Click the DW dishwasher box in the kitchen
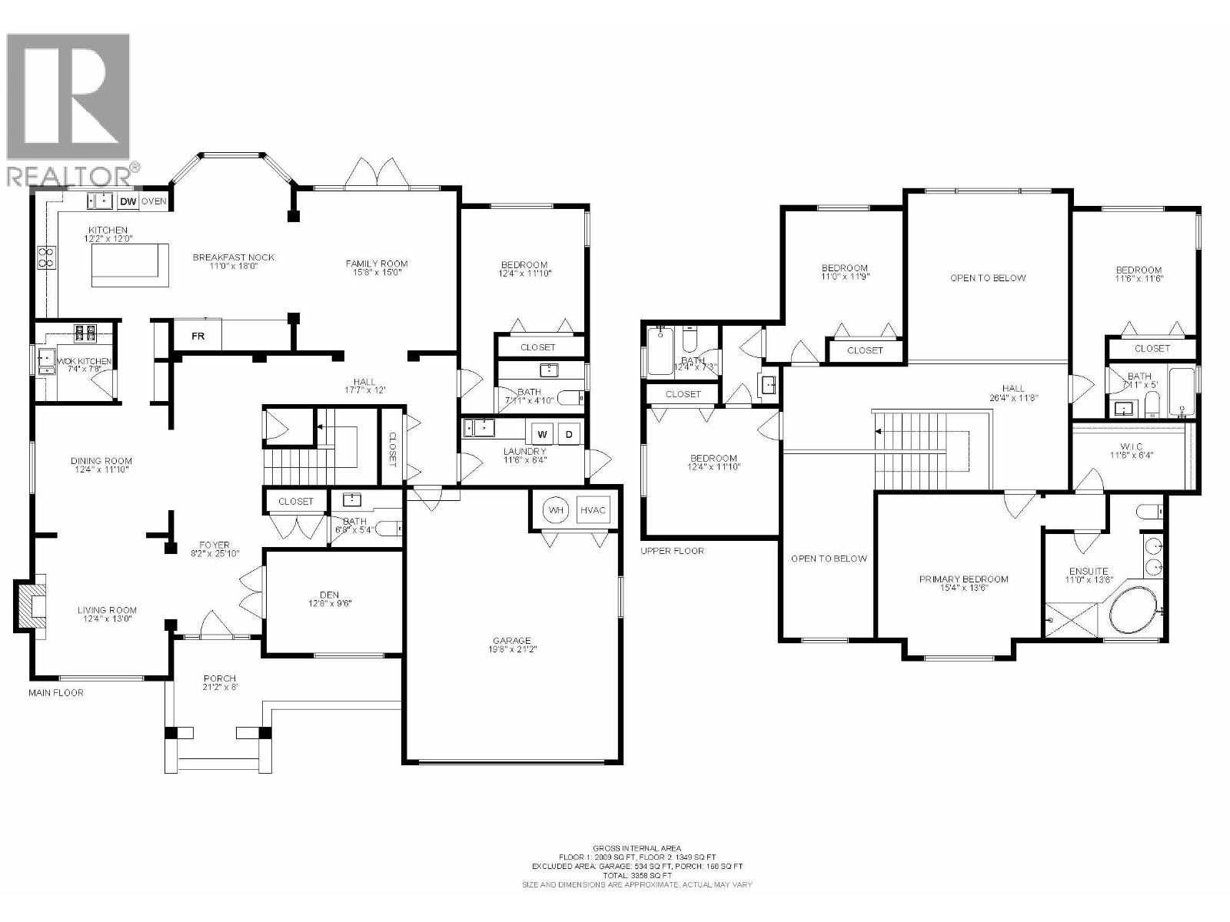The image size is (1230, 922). (128, 202)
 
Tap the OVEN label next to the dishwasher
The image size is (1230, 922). (154, 202)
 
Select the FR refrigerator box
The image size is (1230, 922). (198, 336)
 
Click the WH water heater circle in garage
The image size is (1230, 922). (555, 510)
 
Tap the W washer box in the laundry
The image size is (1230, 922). (542, 434)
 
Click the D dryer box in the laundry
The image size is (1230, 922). (570, 434)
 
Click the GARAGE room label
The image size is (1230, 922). (512, 641)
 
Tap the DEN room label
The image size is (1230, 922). (329, 595)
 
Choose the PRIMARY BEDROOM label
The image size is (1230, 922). (963, 579)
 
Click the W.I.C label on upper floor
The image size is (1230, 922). (1131, 446)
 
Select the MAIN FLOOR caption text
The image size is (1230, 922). (56, 692)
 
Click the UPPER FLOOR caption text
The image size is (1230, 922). (672, 551)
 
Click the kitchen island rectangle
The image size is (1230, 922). (130, 264)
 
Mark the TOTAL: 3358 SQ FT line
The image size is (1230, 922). (637, 875)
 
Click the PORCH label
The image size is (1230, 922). (219, 678)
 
